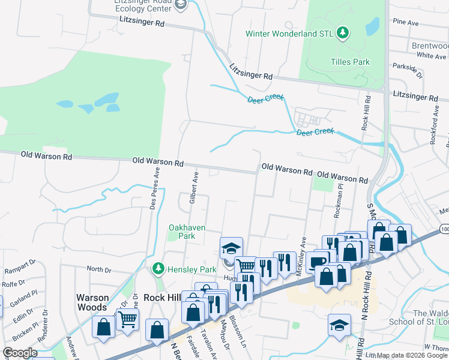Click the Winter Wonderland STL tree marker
[342, 32]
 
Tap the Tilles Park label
[350, 62]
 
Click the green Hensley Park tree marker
[158, 269]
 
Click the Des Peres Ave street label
[155, 187]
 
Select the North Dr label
[99, 269]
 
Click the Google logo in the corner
[20, 353]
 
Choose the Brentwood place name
[430, 46]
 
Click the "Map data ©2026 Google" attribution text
[412, 355]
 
